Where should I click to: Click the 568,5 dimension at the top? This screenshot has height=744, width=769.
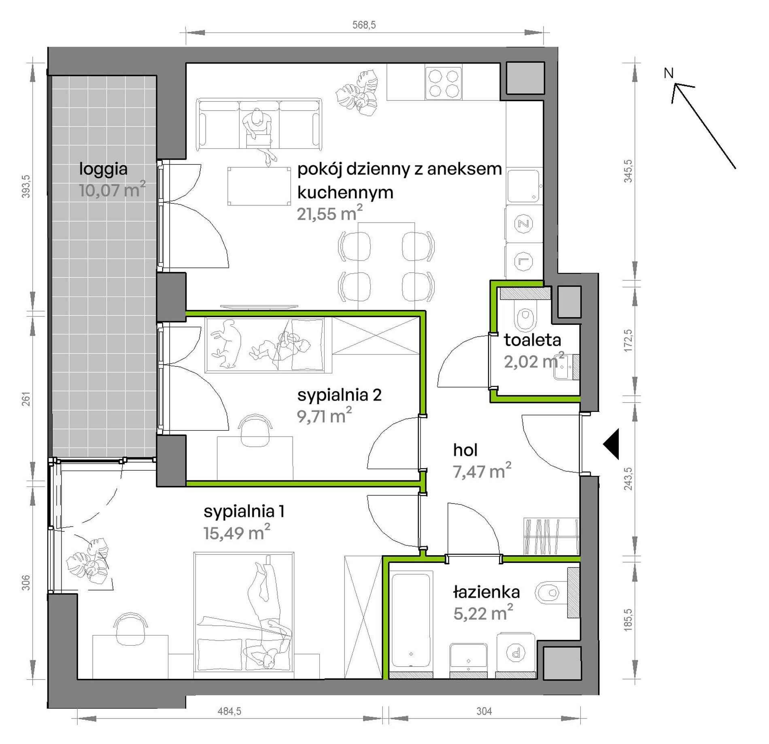(364, 25)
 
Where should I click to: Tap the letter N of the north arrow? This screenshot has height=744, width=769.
(669, 73)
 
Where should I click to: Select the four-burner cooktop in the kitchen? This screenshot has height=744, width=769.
(443, 83)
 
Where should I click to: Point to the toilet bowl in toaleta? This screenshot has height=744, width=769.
(525, 319)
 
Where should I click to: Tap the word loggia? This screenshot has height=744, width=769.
(103, 169)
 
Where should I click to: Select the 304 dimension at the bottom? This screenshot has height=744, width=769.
(484, 711)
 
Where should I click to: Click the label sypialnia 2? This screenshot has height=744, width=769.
(339, 395)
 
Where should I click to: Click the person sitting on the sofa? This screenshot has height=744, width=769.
(258, 136)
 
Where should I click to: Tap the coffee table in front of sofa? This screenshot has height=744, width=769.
(259, 186)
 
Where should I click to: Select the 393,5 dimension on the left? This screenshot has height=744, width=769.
(26, 186)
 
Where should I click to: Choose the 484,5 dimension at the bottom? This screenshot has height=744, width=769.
(229, 711)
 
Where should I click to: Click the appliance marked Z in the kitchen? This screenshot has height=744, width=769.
(524, 224)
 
